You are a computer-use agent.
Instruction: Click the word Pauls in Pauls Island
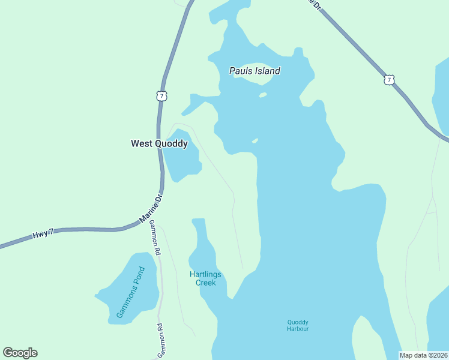coord(241,71)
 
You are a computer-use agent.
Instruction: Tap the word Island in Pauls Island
coord(268,71)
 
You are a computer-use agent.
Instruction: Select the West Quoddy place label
coord(159,143)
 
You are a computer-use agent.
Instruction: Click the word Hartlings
coord(205,274)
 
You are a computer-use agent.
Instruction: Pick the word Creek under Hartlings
coord(205,282)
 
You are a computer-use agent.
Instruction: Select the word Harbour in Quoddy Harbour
coord(298,329)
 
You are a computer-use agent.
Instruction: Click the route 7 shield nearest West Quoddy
coord(161,95)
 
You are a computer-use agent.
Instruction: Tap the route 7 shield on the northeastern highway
coord(390,79)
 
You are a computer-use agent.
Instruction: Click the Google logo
coord(20,353)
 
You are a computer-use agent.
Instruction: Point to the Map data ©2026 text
coord(424,355)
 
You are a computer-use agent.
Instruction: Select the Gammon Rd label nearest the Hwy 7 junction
coord(155,238)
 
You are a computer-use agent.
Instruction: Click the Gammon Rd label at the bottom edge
coord(160,341)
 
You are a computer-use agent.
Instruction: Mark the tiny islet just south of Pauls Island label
coord(263,95)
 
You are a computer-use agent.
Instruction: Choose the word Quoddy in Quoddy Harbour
coord(298,322)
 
